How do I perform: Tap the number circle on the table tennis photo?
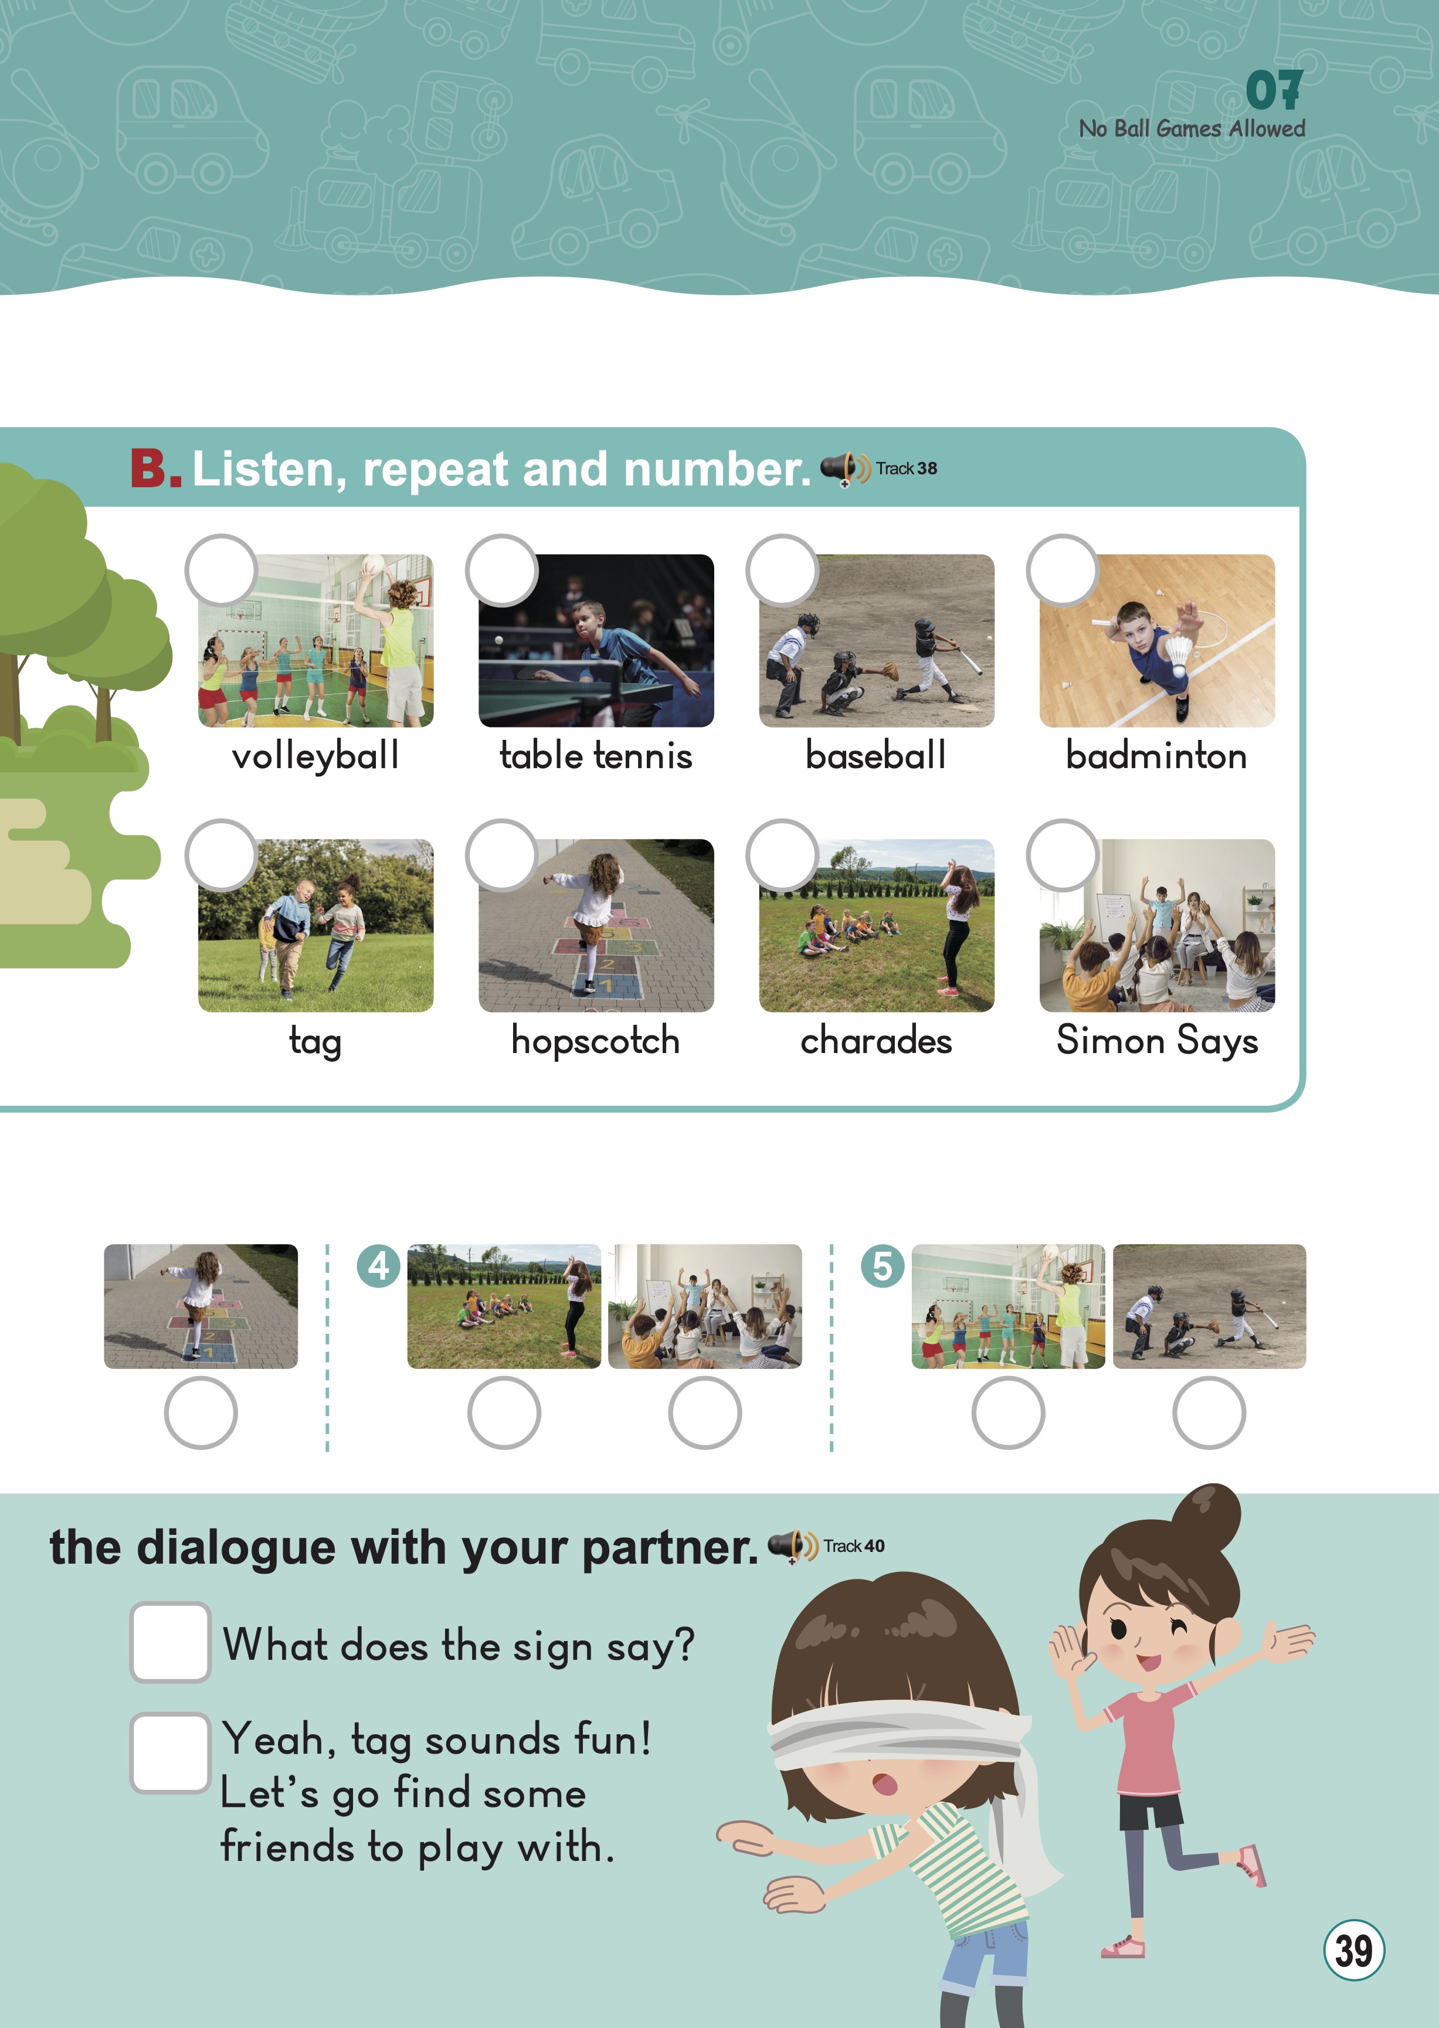501,570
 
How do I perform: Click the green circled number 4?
378,1266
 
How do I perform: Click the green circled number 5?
883,1266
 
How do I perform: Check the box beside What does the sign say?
170,1642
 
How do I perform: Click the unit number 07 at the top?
1274,90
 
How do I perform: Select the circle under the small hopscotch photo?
201,1413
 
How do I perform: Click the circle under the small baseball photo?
1209,1413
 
